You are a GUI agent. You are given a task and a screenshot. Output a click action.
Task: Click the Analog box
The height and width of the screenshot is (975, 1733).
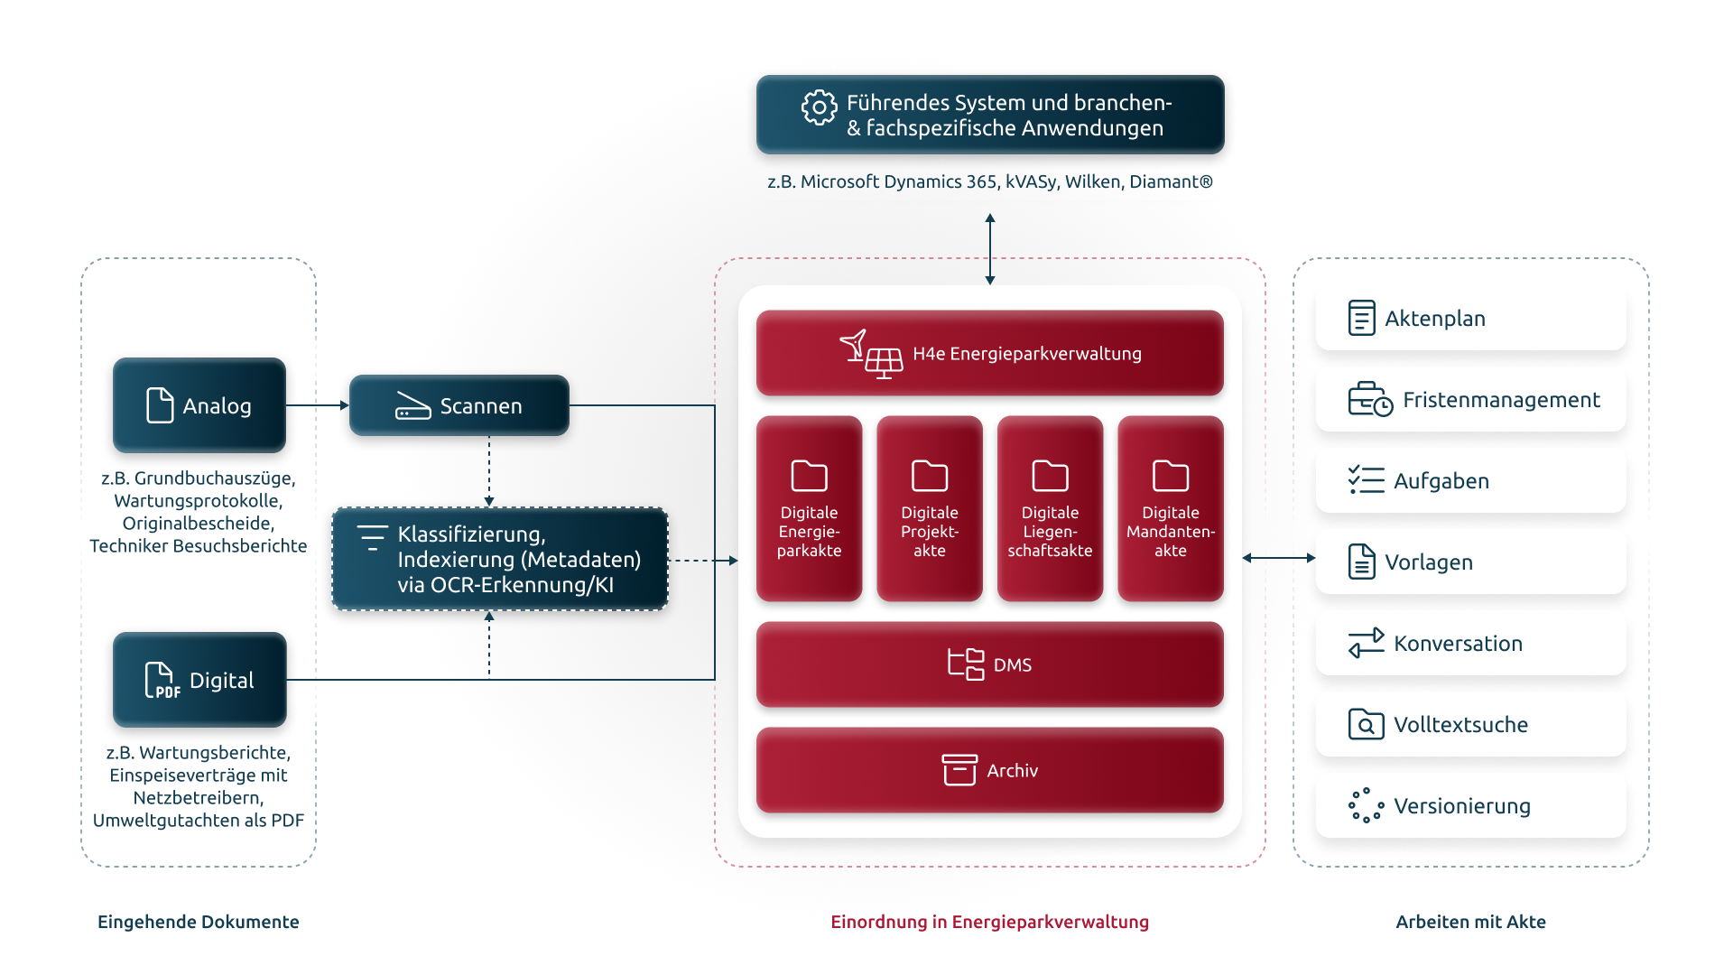tap(199, 405)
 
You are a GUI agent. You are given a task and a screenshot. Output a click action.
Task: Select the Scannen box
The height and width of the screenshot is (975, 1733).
tap(459, 405)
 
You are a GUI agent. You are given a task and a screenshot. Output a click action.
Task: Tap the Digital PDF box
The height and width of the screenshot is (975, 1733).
tap(199, 680)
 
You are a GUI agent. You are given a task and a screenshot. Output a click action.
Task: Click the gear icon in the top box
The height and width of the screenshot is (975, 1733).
tap(819, 107)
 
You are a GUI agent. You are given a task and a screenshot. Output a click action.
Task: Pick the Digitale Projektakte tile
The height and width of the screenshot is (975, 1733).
tap(930, 508)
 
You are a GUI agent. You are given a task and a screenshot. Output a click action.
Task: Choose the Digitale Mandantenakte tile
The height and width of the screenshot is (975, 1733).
tap(1171, 508)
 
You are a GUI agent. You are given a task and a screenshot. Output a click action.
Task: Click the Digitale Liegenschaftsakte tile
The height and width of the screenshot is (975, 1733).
tap(1050, 508)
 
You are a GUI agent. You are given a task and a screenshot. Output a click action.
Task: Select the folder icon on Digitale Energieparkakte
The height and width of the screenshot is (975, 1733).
tap(809, 476)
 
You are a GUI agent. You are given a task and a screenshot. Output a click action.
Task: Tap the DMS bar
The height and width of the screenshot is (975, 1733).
tap(990, 664)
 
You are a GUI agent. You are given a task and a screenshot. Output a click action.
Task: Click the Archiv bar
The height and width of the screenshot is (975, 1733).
tap(990, 770)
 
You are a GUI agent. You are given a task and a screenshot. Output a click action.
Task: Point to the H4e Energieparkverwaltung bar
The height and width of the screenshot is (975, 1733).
tap(990, 353)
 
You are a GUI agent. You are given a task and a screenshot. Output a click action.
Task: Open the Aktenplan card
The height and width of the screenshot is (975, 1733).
tap(1471, 318)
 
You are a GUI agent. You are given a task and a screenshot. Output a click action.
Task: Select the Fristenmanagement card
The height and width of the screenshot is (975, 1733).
tap(1471, 399)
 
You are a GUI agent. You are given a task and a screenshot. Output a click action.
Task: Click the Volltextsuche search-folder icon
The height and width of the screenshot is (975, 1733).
tap(1366, 724)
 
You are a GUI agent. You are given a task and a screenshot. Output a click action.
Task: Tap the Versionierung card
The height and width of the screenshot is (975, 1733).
tap(1471, 805)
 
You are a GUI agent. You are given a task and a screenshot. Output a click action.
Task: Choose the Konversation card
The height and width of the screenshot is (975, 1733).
tap(1471, 643)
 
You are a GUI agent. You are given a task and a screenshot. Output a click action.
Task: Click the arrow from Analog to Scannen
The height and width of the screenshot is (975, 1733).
tap(318, 405)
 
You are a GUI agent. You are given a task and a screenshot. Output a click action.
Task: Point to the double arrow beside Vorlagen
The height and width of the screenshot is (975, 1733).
tap(1279, 558)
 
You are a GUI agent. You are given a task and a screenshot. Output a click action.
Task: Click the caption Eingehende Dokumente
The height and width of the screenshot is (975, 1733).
tap(199, 922)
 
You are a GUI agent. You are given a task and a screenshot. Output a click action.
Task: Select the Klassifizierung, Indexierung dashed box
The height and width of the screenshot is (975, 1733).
tap(500, 560)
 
